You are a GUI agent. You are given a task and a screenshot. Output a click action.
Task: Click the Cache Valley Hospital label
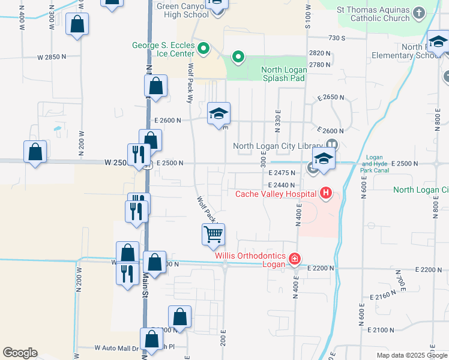[x=276, y=194]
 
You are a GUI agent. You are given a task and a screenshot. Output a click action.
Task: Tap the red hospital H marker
[x=325, y=193]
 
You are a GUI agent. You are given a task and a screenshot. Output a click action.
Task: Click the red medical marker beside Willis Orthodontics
[x=294, y=259]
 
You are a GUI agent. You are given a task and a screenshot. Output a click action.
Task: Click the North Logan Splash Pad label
[x=284, y=74]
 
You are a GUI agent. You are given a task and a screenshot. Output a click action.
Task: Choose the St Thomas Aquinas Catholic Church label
[x=373, y=14]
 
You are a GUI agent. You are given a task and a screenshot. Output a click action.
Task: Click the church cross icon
[x=419, y=12]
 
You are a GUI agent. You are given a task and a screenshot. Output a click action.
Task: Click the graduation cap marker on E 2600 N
[x=218, y=113]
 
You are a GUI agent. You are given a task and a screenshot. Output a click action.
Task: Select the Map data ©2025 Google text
[x=412, y=355]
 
